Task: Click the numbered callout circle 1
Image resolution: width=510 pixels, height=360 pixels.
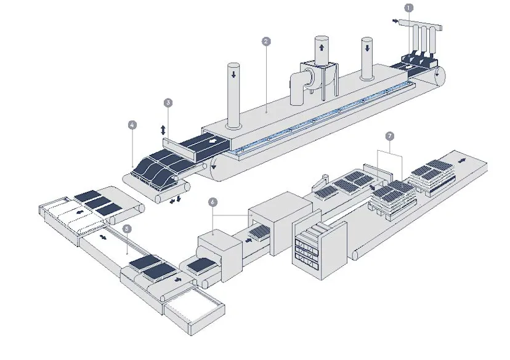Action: point(408,8)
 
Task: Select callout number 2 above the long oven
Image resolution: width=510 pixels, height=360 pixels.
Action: point(265,41)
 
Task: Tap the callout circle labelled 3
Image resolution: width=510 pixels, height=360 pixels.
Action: point(168,102)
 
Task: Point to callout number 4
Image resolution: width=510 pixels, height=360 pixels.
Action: point(132,124)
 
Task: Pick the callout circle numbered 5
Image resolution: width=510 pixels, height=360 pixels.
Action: point(126,228)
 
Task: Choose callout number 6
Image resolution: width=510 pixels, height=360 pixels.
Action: point(212,201)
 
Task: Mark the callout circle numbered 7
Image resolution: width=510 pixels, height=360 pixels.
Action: point(388,134)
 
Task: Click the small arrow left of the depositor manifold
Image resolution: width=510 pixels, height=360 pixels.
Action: point(395,22)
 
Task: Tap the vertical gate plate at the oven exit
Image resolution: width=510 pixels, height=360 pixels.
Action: point(182,151)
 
